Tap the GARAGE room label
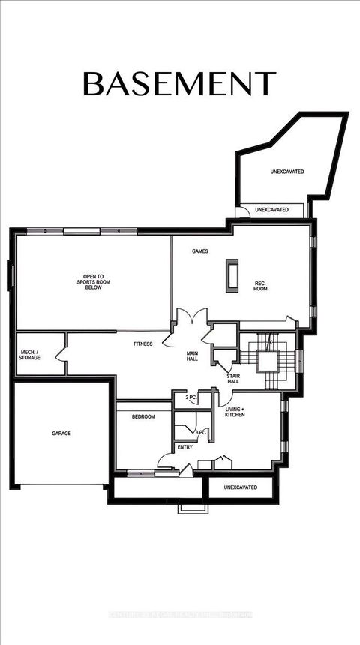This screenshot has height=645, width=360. pyautogui.click(x=61, y=433)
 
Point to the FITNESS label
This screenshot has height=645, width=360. pyautogui.click(x=142, y=344)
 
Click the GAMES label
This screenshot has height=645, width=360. pyautogui.click(x=200, y=251)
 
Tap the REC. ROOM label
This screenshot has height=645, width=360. pyautogui.click(x=261, y=286)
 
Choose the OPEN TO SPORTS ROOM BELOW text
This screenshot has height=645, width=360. pyautogui.click(x=93, y=281)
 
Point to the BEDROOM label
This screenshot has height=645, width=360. pyautogui.click(x=143, y=417)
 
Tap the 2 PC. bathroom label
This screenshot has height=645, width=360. pyautogui.click(x=190, y=397)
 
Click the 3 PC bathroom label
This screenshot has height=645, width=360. pyautogui.click(x=201, y=433)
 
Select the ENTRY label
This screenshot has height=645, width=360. pyautogui.click(x=184, y=447)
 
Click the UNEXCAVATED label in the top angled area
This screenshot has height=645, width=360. pyautogui.click(x=286, y=172)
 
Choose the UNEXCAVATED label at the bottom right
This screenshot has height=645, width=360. pyautogui.click(x=240, y=487)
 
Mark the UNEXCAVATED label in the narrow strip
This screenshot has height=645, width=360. pyautogui.click(x=271, y=210)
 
